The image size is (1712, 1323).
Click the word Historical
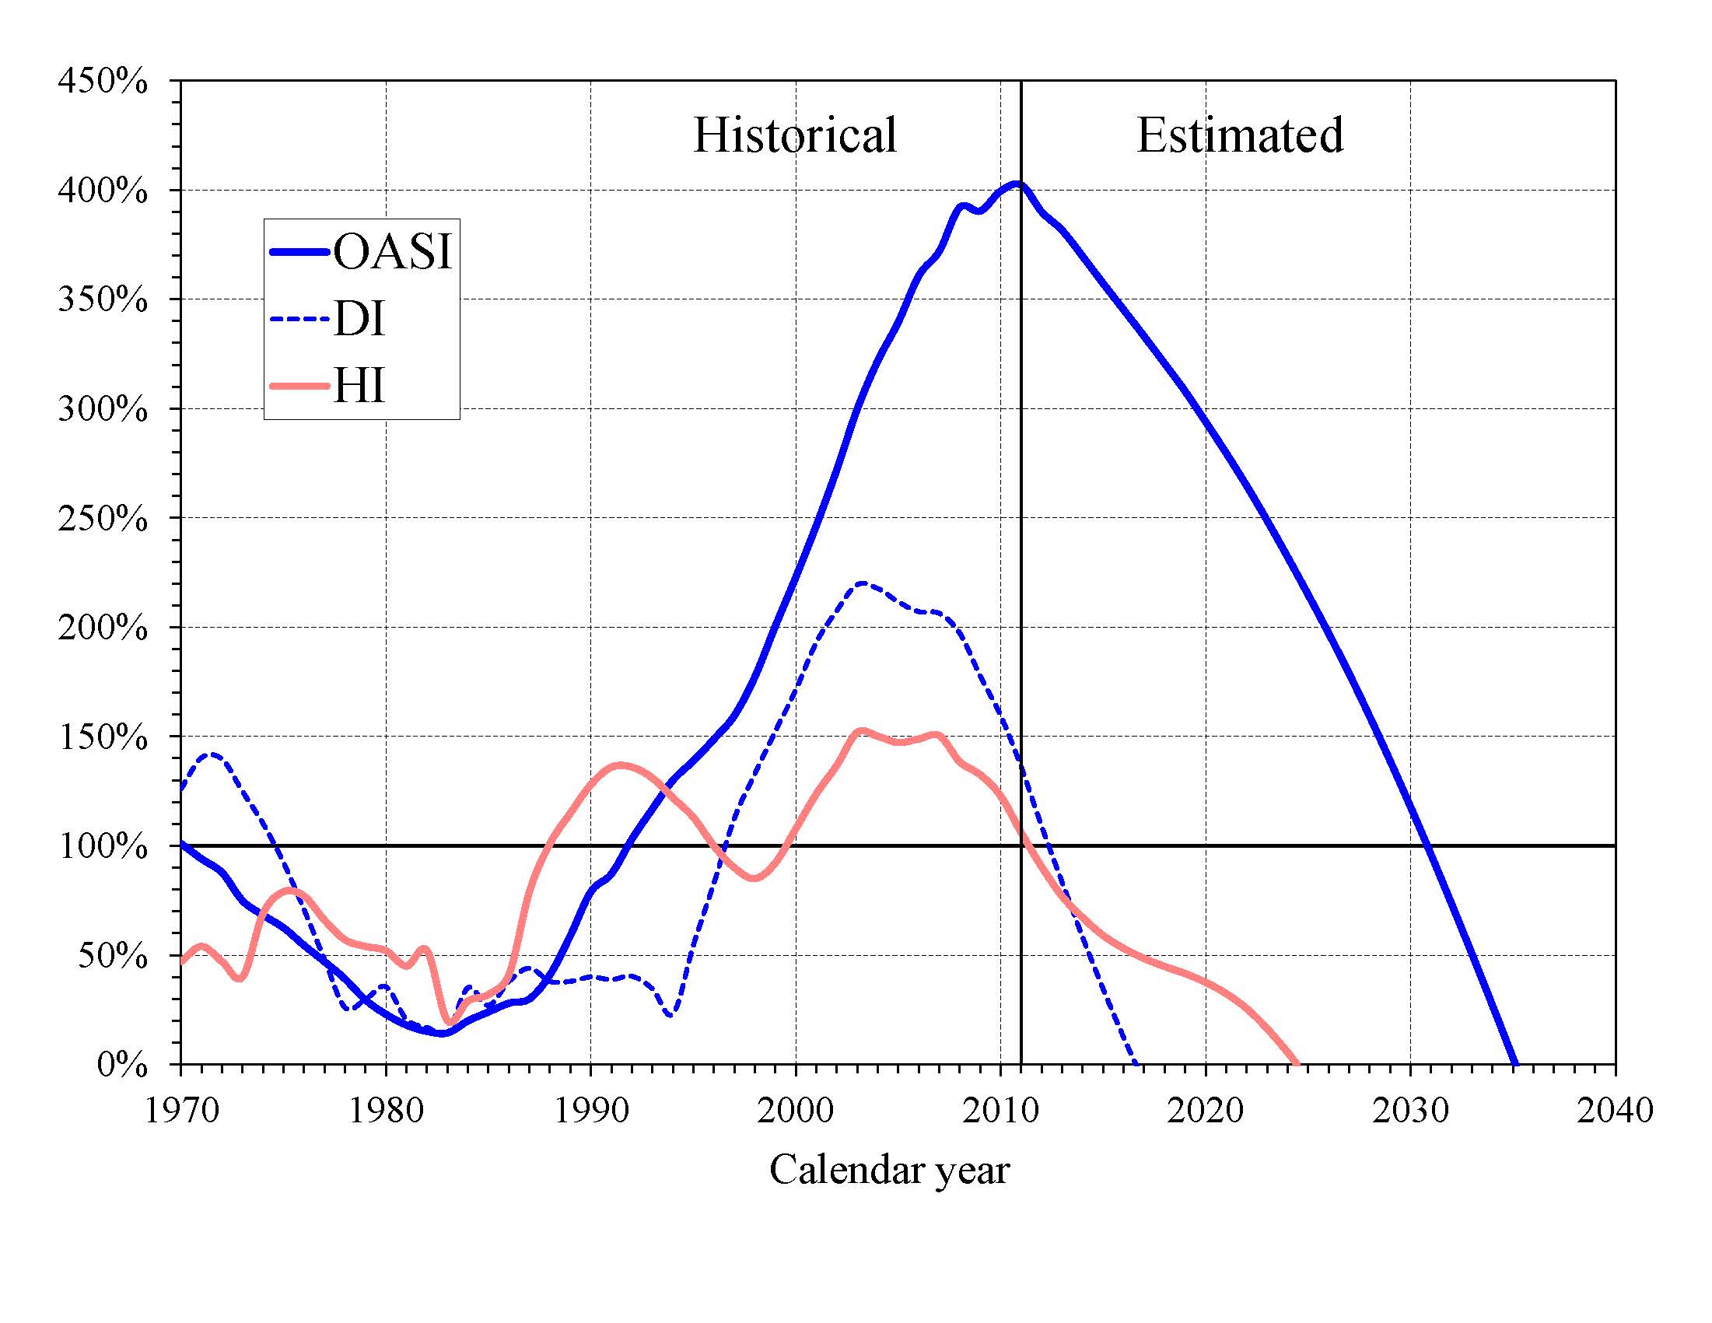click(x=794, y=135)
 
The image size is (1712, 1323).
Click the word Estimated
click(x=1239, y=135)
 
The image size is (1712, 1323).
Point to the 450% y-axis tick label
click(x=103, y=81)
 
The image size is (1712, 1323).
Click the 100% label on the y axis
click(x=103, y=846)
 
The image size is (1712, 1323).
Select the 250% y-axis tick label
click(x=103, y=518)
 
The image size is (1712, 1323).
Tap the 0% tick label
click(x=121, y=1064)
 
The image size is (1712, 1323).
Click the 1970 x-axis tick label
click(x=182, y=1110)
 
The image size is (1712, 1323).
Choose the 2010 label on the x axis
click(x=1000, y=1110)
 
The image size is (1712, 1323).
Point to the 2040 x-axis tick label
click(x=1615, y=1110)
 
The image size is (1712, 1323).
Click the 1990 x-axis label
click(x=591, y=1110)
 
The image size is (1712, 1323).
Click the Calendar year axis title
click(x=889, y=1170)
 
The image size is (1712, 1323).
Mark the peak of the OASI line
click(x=1017, y=185)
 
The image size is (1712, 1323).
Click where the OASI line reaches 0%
click(x=1515, y=1062)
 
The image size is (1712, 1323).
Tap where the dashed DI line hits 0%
click(x=1136, y=1062)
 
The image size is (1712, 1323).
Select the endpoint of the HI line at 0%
click(x=1297, y=1062)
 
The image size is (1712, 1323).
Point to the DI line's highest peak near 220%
click(x=863, y=583)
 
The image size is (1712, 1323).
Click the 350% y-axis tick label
click(x=103, y=299)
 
